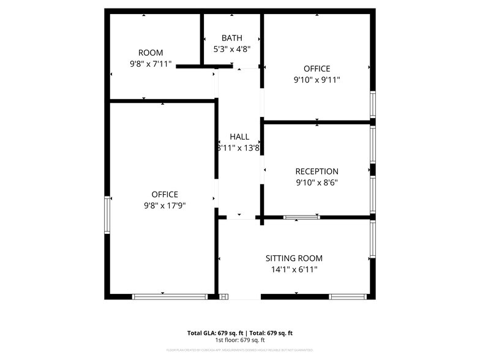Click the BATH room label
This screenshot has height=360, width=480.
(x=231, y=38)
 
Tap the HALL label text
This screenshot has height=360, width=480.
(x=239, y=137)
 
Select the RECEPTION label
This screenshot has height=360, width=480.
(x=317, y=171)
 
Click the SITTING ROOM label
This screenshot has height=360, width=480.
(x=294, y=258)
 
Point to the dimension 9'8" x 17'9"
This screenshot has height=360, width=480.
(x=160, y=206)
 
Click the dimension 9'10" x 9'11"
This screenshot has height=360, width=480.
(x=317, y=80)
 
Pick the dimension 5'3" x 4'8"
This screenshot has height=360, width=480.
(x=231, y=49)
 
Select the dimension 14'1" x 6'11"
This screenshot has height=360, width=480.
(x=294, y=269)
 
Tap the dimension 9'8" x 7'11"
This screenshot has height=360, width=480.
(x=151, y=64)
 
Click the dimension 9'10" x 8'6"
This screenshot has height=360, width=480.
(x=317, y=182)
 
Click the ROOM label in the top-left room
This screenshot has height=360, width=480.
(x=151, y=53)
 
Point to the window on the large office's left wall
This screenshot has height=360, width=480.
(x=108, y=214)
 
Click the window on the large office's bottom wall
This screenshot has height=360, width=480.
(x=170, y=297)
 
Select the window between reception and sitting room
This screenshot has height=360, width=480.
(x=301, y=217)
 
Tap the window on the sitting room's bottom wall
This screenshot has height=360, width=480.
(x=348, y=297)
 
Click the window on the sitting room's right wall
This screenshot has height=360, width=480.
(x=373, y=239)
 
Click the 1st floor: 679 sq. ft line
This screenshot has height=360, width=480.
(x=239, y=340)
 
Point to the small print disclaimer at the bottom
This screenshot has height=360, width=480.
(x=239, y=350)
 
